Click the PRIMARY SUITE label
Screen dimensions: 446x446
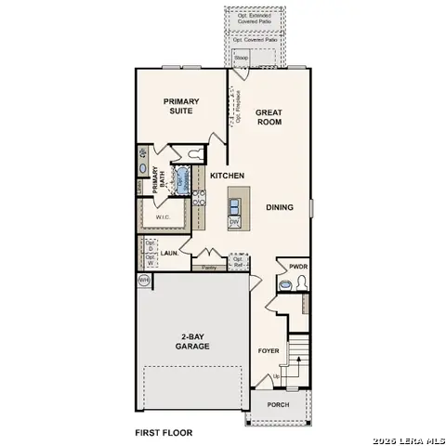point(181,106)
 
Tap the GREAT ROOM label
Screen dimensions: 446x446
point(269,118)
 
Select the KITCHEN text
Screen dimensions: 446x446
point(227,175)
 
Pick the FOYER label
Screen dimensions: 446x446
point(268,350)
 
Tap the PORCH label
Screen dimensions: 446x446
point(278,405)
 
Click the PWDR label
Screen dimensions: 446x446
point(297,266)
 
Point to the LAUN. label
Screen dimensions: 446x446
point(169,252)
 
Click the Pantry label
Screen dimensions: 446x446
point(209,268)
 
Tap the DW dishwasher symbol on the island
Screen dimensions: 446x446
point(234,221)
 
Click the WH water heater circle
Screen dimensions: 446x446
point(144,279)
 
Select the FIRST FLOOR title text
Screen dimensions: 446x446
point(164,433)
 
